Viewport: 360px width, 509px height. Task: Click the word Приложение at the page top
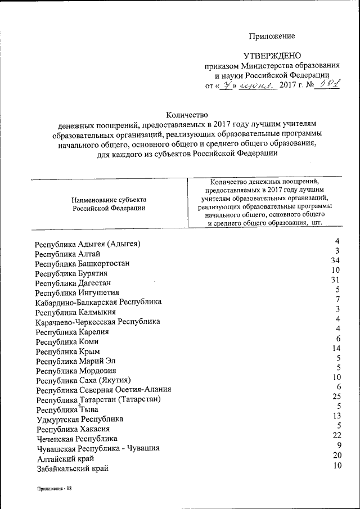272,36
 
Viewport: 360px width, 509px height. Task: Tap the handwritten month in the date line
256,85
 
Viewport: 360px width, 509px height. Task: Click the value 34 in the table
336,260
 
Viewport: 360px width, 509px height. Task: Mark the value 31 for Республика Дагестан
336,280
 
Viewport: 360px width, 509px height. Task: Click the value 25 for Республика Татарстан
336,396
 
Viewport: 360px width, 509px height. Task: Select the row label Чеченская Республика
77,438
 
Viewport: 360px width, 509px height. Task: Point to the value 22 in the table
336,435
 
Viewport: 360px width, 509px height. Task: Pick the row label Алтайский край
65,458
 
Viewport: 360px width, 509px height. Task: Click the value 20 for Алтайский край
336,454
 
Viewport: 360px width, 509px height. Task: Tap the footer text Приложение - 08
55,488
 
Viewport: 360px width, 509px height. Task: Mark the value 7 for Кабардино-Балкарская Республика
338,299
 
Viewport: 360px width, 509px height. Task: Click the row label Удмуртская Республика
80,419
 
